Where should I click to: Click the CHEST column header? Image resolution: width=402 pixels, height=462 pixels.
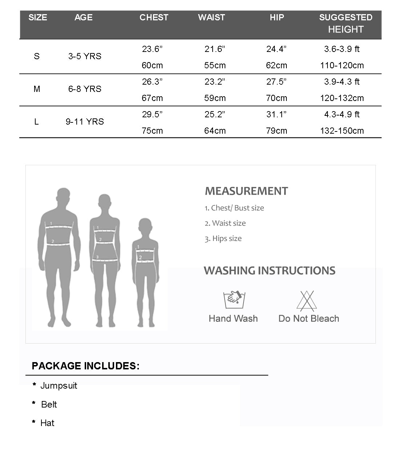click(x=154, y=17)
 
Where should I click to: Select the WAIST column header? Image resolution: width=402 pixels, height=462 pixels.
click(x=211, y=17)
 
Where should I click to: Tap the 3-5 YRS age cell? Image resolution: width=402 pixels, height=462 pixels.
click(x=85, y=56)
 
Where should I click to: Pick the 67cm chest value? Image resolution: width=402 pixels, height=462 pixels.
click(x=152, y=98)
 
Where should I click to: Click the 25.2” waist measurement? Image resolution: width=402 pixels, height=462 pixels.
click(x=215, y=114)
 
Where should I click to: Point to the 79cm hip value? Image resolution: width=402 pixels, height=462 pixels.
click(x=276, y=131)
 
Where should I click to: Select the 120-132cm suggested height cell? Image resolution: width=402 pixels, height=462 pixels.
click(x=342, y=98)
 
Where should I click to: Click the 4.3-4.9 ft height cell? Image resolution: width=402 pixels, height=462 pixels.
click(x=342, y=114)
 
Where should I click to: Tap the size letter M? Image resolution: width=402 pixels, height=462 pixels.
click(x=37, y=89)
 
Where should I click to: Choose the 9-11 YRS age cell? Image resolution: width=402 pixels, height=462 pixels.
click(x=85, y=122)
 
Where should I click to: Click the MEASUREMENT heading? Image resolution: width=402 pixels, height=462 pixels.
click(x=246, y=191)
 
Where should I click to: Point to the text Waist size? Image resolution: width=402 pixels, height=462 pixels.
click(x=229, y=223)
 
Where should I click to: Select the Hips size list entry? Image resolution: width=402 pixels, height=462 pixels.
click(x=227, y=239)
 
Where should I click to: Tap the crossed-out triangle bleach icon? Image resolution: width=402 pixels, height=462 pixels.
click(x=307, y=301)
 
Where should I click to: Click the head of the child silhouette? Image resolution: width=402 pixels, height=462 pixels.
click(x=145, y=227)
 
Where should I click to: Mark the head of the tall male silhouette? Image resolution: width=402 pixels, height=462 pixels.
click(x=63, y=197)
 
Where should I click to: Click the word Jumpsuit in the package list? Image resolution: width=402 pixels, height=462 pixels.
click(x=59, y=386)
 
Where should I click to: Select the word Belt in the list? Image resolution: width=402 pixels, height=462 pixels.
click(x=49, y=405)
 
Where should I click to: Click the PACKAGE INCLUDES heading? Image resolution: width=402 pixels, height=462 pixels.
click(x=85, y=366)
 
